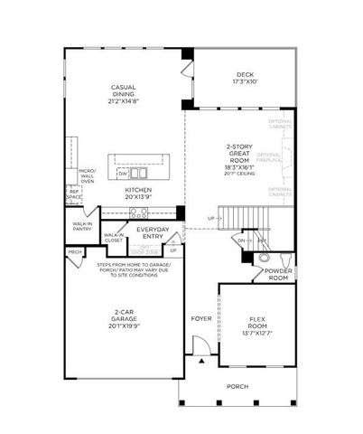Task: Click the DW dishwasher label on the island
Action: tap(122, 172)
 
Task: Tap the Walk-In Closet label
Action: tap(114, 240)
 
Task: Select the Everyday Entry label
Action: tap(153, 233)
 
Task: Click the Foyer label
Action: tap(200, 318)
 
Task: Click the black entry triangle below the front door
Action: tap(202, 360)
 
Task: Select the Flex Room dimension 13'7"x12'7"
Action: tap(256, 334)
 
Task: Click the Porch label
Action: tap(237, 386)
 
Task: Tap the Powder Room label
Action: tap(277, 275)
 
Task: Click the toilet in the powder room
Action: tap(265, 257)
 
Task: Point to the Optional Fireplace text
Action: tap(282, 158)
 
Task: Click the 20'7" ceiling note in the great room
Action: tap(240, 173)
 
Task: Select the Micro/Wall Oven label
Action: tap(88, 175)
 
